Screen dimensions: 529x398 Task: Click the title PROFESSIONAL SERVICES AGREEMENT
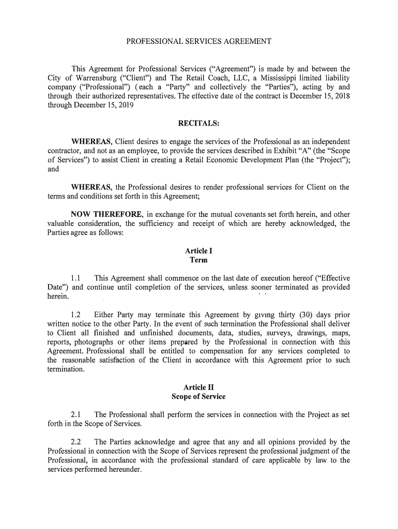click(199, 41)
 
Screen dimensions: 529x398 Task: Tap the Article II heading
click(198, 387)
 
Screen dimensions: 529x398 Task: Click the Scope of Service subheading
click(198, 397)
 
